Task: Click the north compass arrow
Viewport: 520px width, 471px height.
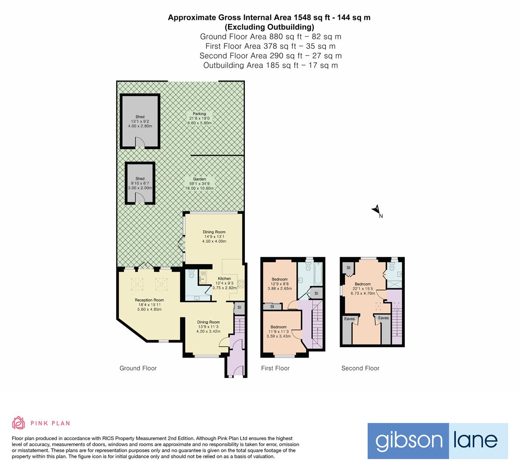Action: coord(376,209)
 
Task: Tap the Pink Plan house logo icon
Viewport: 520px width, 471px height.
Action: coord(19,423)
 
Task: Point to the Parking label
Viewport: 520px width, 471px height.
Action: coord(199,114)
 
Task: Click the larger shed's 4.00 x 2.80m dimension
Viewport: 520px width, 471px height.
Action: coord(140,126)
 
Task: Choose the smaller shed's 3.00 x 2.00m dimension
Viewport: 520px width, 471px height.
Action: coord(140,188)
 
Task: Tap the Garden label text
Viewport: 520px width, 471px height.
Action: coord(199,179)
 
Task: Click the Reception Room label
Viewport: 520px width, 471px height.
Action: coord(149,300)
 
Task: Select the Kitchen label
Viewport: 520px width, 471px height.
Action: coord(224,279)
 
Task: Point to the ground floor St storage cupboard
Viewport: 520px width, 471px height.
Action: coord(239,308)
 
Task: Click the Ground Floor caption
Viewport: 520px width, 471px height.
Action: coord(138,368)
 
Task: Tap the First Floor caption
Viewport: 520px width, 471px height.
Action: coord(275,368)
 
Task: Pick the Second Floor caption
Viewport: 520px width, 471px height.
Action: coord(361,368)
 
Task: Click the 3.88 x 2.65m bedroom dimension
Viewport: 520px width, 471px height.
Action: coord(279,289)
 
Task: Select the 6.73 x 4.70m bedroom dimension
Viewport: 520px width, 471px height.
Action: coord(363,293)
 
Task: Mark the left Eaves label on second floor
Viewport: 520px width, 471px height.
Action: coord(350,319)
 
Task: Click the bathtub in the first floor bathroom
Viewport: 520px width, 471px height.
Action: coord(318,274)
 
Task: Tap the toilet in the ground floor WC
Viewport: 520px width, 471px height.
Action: coord(191,273)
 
